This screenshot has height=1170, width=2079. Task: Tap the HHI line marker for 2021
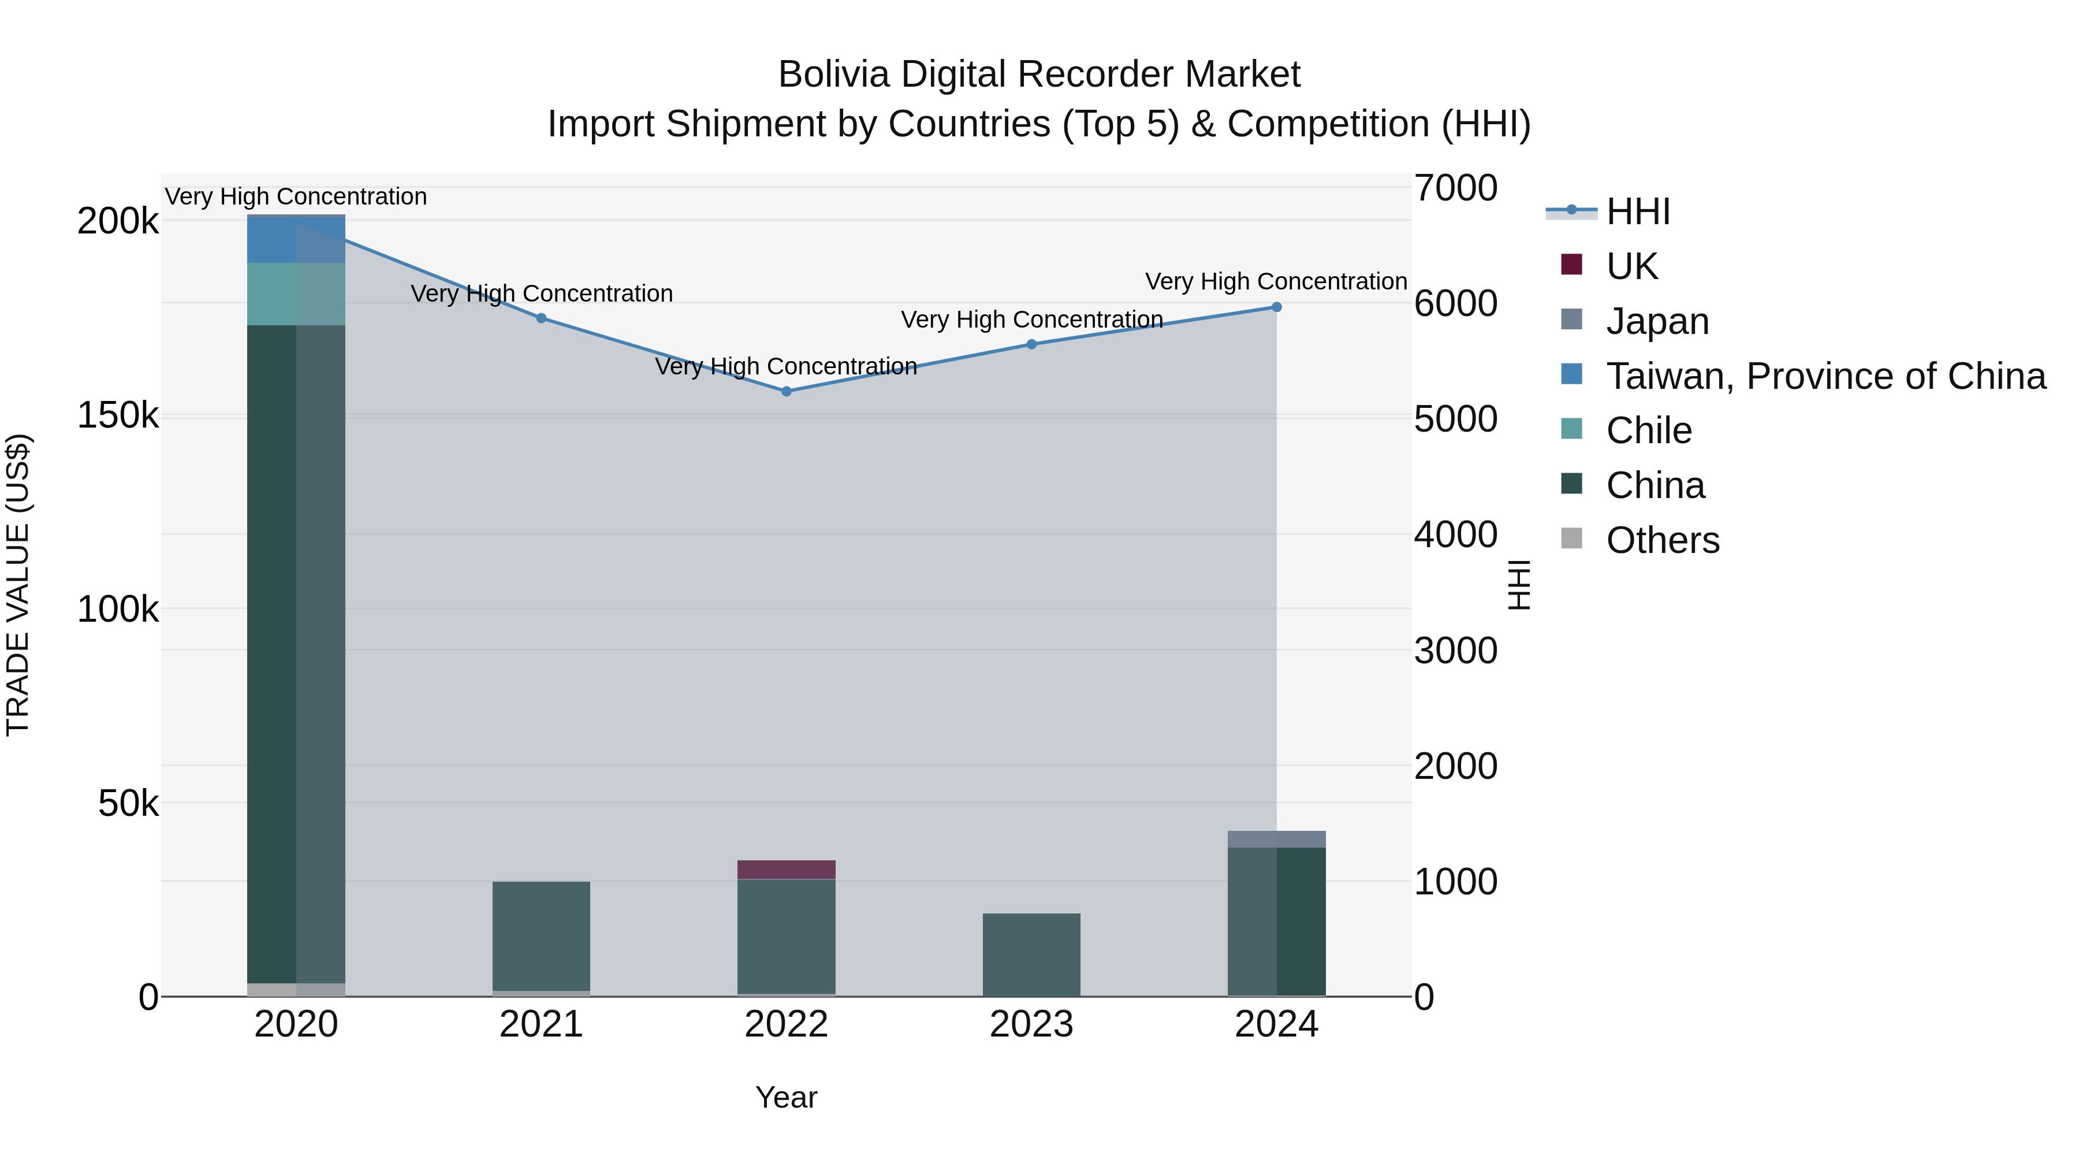[x=542, y=318]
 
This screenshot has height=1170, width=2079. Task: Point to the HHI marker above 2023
[x=1031, y=344]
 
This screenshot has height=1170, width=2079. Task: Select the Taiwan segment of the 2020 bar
[x=296, y=240]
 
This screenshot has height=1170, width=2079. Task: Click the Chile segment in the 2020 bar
[x=296, y=294]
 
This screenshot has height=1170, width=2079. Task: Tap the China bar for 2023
[x=1031, y=954]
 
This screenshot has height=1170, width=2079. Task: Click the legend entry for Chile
[x=1648, y=430]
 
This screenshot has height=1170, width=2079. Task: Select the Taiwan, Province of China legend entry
[x=1825, y=376]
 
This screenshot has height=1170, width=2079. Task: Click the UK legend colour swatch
[x=1571, y=264]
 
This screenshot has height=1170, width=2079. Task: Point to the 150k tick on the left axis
[x=118, y=416]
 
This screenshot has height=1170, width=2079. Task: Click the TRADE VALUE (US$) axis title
[x=18, y=585]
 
